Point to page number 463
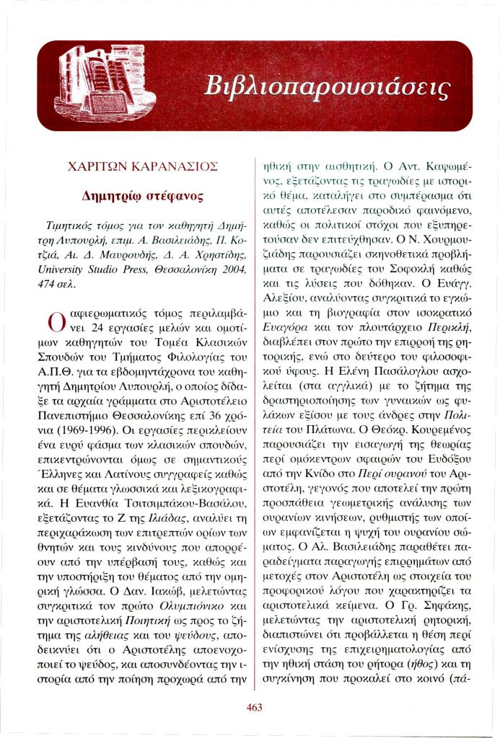[254, 707]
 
